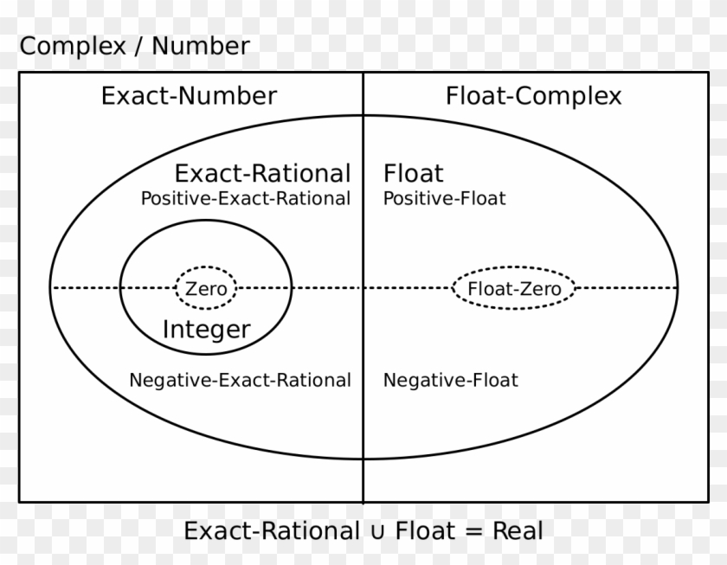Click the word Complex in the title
click(x=73, y=46)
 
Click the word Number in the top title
click(x=201, y=46)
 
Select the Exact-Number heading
click(x=189, y=95)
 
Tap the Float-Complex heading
click(x=533, y=95)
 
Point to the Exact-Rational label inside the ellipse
click(x=263, y=173)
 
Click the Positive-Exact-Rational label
click(x=246, y=198)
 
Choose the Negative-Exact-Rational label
click(x=240, y=380)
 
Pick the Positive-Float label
click(x=444, y=198)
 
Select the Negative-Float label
click(x=450, y=380)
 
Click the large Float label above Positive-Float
click(x=413, y=173)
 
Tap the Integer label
click(x=207, y=329)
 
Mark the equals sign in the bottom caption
click(x=473, y=530)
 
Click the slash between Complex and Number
click(x=138, y=47)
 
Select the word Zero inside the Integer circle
click(x=207, y=289)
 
